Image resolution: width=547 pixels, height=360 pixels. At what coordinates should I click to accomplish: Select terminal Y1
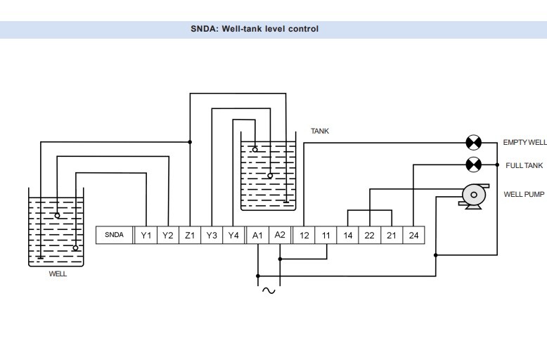click(x=146, y=236)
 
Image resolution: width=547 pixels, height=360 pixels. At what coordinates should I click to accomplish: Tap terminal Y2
click(x=167, y=236)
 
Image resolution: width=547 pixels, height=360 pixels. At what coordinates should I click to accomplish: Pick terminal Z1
click(x=190, y=236)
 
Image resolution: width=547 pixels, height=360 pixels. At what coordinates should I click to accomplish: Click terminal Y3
click(x=212, y=236)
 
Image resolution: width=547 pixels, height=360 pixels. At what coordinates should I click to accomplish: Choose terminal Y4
click(x=234, y=236)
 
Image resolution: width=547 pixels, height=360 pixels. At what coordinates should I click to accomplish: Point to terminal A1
click(x=257, y=236)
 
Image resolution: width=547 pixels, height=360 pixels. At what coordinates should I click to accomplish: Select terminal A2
click(x=280, y=236)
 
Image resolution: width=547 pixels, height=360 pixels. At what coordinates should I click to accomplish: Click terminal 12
click(x=303, y=236)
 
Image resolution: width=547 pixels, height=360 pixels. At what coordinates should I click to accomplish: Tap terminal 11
click(x=326, y=236)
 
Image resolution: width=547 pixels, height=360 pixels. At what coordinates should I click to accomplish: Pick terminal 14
click(x=348, y=236)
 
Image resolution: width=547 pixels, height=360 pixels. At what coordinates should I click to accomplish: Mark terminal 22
click(x=370, y=236)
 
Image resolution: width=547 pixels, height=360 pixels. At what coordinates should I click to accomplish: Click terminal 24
click(x=413, y=236)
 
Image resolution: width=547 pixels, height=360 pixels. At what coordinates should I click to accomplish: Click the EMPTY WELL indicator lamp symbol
click(x=474, y=143)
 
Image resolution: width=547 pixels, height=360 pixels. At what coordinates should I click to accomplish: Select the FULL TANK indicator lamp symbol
click(x=474, y=165)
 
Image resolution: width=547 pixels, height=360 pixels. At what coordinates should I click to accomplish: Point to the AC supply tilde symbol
click(x=268, y=290)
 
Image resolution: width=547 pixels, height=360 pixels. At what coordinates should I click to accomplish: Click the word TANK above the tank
click(x=320, y=131)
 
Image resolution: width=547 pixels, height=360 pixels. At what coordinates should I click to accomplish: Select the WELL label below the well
click(x=58, y=274)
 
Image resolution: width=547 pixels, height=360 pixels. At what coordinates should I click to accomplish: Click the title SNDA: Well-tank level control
click(x=254, y=30)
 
